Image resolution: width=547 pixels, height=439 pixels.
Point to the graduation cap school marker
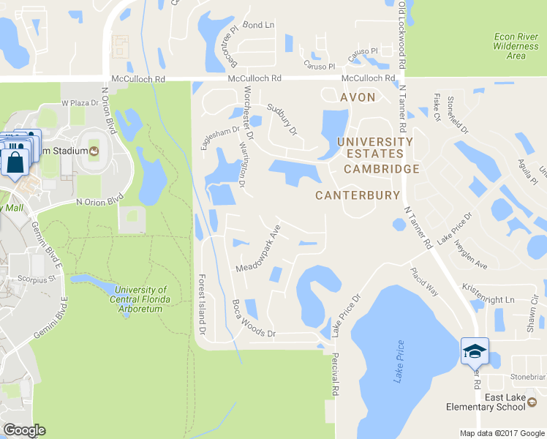click(x=475, y=351)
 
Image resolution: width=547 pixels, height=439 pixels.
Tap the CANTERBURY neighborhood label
click(x=358, y=195)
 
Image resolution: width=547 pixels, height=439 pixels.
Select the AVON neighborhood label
click(x=358, y=97)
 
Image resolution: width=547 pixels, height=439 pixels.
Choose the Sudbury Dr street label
click(x=282, y=120)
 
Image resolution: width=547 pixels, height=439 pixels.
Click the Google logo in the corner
click(x=24, y=430)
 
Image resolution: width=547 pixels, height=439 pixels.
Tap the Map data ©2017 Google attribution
click(x=502, y=433)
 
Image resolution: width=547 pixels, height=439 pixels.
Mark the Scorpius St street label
click(x=37, y=279)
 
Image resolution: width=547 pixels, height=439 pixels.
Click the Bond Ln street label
click(x=259, y=25)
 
